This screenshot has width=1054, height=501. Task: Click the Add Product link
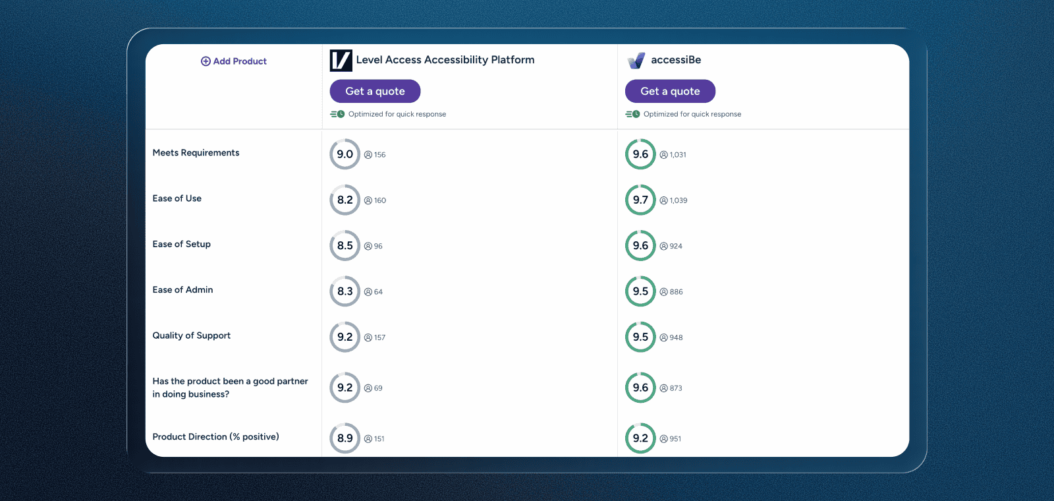tap(234, 61)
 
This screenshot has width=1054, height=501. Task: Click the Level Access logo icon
tap(341, 61)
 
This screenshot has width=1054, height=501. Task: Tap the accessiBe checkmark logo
tap(636, 61)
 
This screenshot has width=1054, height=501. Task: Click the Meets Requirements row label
tap(196, 153)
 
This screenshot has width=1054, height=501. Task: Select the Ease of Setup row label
tap(181, 244)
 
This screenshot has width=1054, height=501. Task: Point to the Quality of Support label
tap(191, 336)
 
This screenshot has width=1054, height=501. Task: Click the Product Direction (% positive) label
tap(215, 437)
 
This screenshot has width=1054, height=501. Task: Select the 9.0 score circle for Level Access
tap(345, 154)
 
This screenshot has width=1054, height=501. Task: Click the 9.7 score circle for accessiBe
tap(640, 200)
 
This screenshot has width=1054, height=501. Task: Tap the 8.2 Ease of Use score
tap(345, 200)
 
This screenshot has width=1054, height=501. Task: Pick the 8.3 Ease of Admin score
tap(345, 291)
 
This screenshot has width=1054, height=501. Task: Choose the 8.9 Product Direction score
tap(345, 438)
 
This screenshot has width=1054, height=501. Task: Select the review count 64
tap(377, 292)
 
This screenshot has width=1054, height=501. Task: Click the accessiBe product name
tap(676, 60)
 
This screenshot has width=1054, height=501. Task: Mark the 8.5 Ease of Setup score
tap(345, 246)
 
